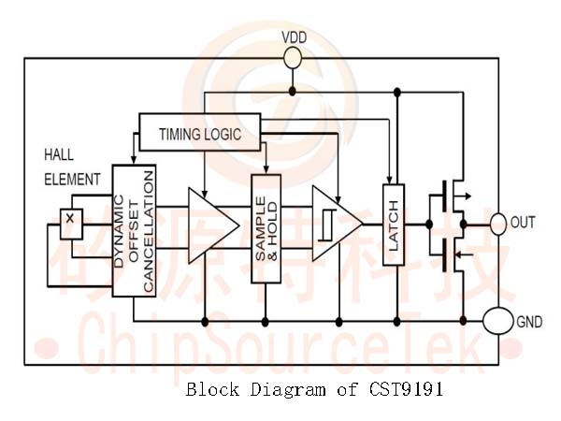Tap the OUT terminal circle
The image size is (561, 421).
click(x=497, y=225)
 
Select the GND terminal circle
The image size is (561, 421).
click(x=497, y=321)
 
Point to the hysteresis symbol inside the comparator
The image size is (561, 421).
click(x=328, y=225)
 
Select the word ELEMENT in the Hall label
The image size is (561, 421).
click(x=72, y=180)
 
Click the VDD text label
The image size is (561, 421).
click(x=295, y=37)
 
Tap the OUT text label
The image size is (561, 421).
click(x=523, y=223)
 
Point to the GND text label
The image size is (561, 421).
click(x=529, y=322)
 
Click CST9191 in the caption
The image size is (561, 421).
click(x=406, y=389)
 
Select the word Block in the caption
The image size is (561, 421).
click(x=212, y=389)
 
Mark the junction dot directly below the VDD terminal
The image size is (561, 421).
click(x=293, y=92)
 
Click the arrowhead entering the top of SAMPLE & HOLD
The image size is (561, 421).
click(x=266, y=169)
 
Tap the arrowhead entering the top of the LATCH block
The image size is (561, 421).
click(x=389, y=180)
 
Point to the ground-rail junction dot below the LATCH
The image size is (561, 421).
click(x=396, y=322)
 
